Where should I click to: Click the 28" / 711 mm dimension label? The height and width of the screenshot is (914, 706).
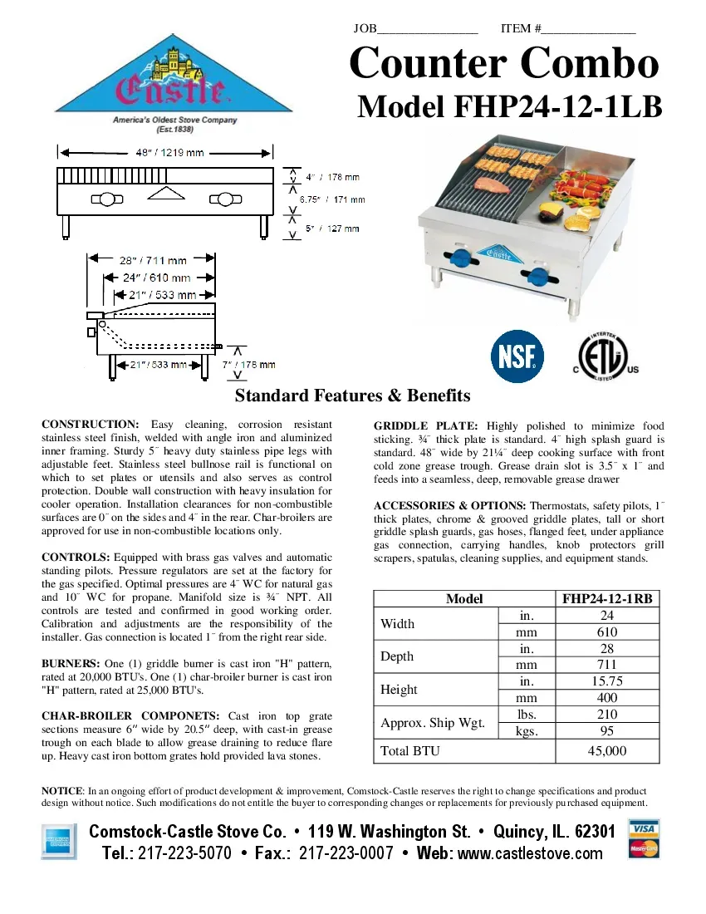click(x=153, y=260)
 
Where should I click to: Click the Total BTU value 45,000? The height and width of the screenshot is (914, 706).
click(x=606, y=751)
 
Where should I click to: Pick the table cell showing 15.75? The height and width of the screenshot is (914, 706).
click(x=606, y=681)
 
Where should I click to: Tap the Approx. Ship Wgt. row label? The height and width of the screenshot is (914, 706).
click(x=432, y=723)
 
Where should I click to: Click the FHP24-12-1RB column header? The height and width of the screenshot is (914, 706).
click(x=606, y=598)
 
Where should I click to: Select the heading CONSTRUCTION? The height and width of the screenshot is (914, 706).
click(x=91, y=425)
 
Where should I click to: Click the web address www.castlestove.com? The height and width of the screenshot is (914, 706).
click(x=530, y=853)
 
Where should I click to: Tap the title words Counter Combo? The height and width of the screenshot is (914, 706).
click(x=504, y=64)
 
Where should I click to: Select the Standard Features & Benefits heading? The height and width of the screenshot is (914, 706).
click(x=352, y=396)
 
